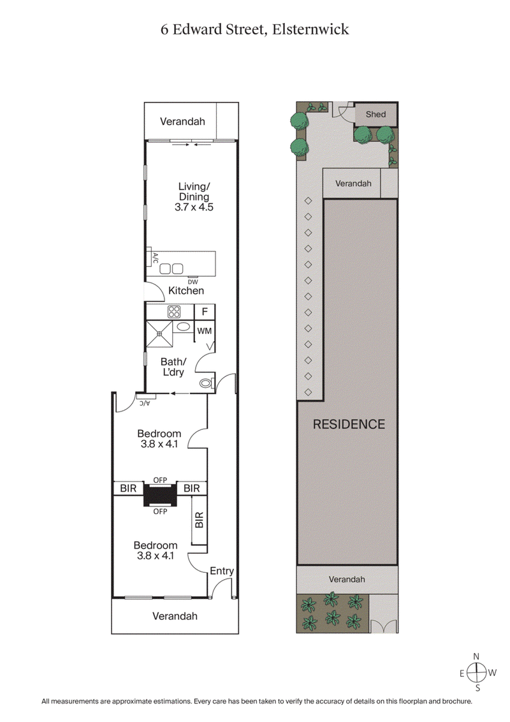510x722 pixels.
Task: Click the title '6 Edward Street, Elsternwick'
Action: pos(254,29)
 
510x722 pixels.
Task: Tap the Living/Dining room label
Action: pos(194,191)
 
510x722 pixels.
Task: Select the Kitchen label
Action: pos(186,291)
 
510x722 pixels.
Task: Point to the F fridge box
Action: pos(204,312)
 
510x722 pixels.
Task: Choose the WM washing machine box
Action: pos(204,330)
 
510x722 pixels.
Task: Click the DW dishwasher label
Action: pos(192,282)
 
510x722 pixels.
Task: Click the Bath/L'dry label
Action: pos(172,367)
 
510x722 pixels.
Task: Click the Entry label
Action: pos(222,571)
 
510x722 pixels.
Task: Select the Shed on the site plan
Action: pos(375,115)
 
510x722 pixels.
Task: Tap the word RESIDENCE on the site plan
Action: pos(349,424)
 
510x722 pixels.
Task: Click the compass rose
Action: pos(476,672)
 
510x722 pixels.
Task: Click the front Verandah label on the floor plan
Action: pos(175,616)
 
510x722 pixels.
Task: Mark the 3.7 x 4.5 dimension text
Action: pos(194,208)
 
